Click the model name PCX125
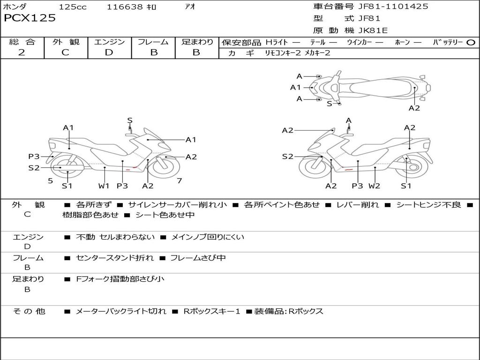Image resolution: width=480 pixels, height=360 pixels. [x=30, y=18]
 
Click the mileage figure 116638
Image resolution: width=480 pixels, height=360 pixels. [x=126, y=7]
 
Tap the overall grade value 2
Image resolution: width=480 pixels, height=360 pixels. [x=22, y=52]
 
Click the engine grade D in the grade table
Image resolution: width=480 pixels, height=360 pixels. [x=109, y=52]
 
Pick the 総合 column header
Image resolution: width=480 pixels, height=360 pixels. [x=22, y=42]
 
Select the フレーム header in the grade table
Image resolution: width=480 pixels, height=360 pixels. [x=153, y=42]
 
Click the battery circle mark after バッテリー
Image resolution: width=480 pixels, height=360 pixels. [x=471, y=42]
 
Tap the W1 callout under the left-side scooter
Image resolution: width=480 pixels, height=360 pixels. [x=104, y=186]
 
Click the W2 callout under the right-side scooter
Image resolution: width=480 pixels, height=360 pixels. [x=374, y=186]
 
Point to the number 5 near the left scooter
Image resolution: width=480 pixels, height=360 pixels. [x=50, y=180]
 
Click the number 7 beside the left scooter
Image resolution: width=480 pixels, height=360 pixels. [x=179, y=180]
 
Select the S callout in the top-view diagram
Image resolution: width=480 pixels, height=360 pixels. [x=329, y=104]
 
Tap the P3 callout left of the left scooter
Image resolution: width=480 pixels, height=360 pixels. [x=34, y=157]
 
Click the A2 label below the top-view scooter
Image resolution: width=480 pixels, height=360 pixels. [x=414, y=108]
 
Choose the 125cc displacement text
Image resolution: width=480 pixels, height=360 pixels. [x=73, y=7]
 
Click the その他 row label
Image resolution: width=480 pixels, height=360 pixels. [x=29, y=311]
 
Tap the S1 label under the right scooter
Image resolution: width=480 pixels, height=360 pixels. [x=406, y=186]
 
